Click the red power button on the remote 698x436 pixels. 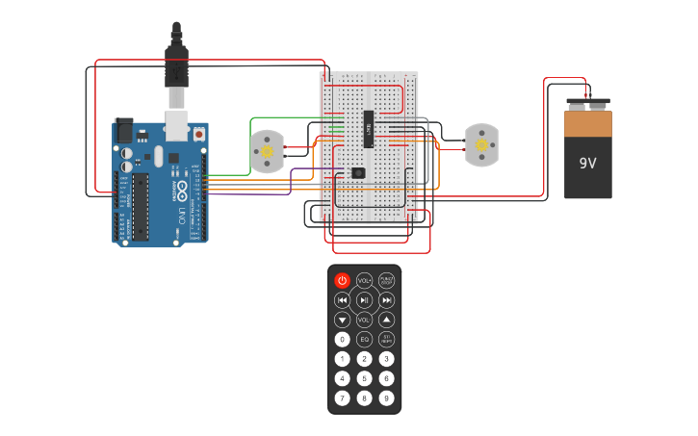click(342, 280)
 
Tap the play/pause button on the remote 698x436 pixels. click(364, 300)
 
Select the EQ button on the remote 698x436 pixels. click(364, 339)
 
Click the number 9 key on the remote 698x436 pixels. click(386, 398)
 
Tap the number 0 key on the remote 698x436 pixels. click(342, 339)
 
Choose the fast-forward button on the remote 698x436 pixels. click(386, 300)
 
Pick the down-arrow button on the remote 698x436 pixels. click(342, 320)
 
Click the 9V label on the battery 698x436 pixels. click(587, 164)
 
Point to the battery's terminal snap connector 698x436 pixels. click(587, 102)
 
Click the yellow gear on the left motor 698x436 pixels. click(266, 150)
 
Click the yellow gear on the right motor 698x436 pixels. click(480, 145)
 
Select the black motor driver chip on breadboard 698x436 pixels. click(369, 128)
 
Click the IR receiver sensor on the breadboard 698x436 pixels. click(358, 173)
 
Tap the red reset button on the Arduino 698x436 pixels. click(199, 133)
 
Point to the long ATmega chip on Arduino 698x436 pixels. click(142, 206)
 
